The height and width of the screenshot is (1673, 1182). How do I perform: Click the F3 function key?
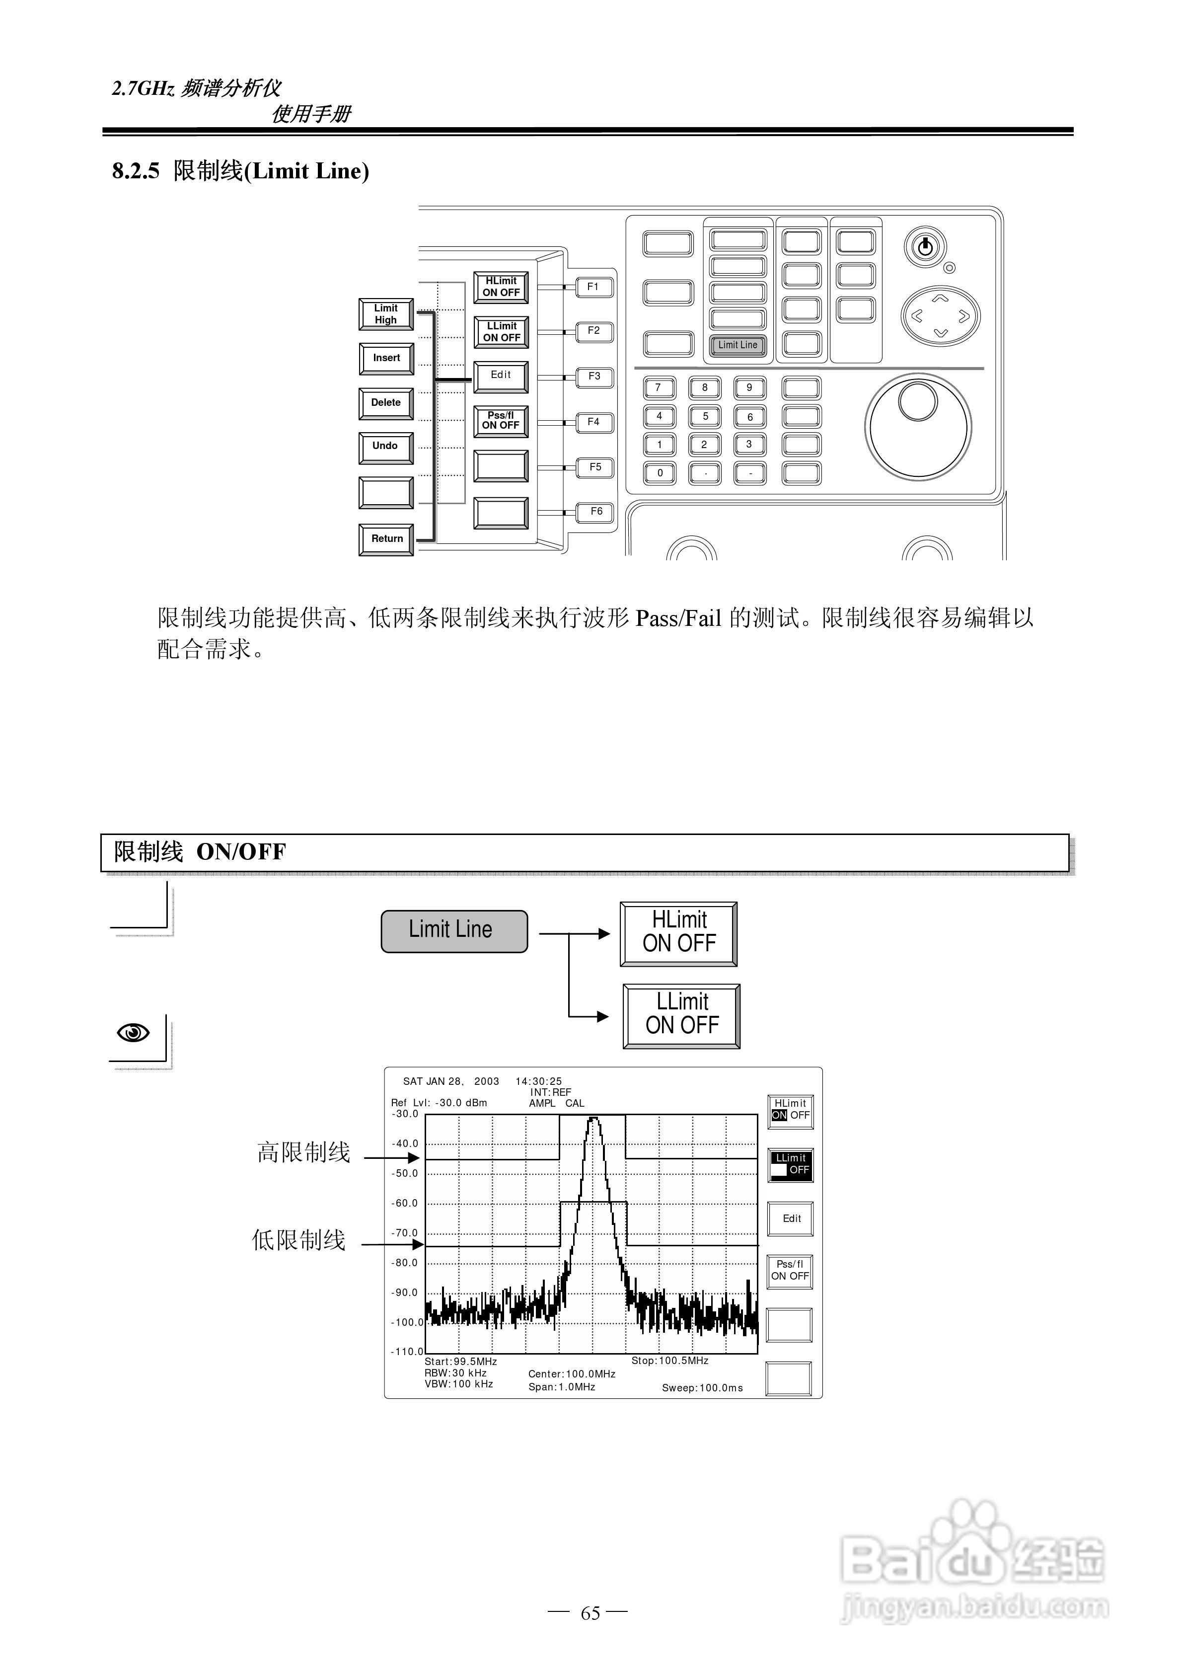click(x=594, y=377)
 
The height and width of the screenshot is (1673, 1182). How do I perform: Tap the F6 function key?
click(x=595, y=512)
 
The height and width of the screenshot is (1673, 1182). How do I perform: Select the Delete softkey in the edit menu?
click(x=386, y=403)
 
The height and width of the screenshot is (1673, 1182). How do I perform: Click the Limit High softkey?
click(x=386, y=314)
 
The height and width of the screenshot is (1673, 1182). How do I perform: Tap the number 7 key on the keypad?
click(x=659, y=387)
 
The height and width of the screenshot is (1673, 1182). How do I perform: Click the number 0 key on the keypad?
click(x=660, y=473)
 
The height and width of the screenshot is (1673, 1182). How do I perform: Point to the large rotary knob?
click(x=917, y=426)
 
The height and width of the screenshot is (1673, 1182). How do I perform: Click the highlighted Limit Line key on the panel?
click(x=738, y=345)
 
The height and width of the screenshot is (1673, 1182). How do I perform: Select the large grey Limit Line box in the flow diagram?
click(x=454, y=930)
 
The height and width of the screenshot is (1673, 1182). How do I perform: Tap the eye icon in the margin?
click(x=134, y=1033)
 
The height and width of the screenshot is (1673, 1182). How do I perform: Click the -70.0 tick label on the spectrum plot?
click(x=405, y=1233)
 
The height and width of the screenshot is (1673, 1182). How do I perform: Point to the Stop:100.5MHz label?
click(x=669, y=1361)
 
